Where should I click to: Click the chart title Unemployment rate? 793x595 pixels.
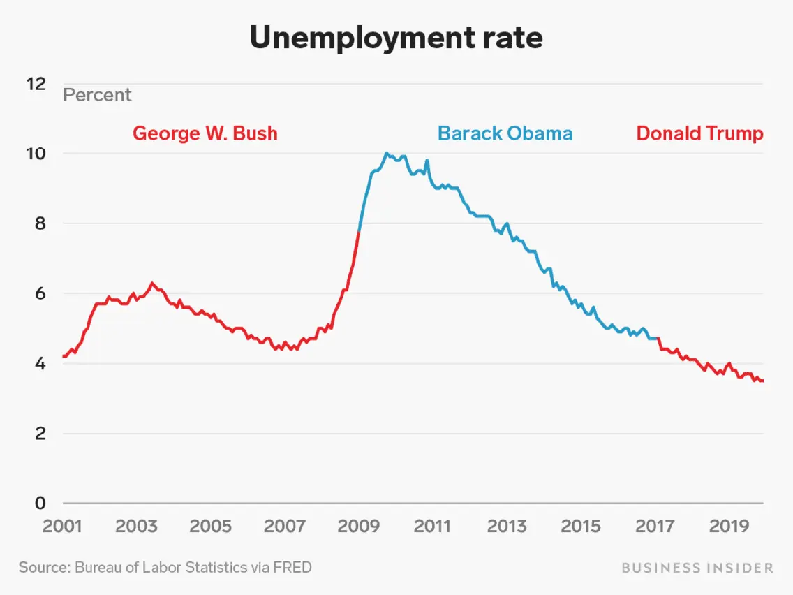(x=396, y=38)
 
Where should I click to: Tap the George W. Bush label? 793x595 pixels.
(x=205, y=133)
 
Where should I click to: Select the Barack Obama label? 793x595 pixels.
(x=505, y=133)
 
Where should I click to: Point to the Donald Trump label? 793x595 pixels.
(x=699, y=133)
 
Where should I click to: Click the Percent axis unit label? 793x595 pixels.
(x=97, y=95)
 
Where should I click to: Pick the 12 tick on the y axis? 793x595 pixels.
(x=36, y=84)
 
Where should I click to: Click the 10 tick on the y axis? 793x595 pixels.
(x=36, y=154)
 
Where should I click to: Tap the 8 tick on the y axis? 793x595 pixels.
(x=40, y=223)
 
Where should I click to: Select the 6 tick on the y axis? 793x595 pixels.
(x=40, y=293)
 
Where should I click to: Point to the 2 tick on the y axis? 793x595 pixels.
(x=40, y=433)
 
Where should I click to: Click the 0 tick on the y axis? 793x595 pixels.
(x=40, y=503)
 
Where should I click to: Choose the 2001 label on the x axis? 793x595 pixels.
(x=63, y=525)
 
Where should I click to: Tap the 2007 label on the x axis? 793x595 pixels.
(x=285, y=525)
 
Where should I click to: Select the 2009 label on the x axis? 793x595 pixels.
(x=358, y=525)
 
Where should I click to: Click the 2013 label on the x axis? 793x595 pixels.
(x=506, y=525)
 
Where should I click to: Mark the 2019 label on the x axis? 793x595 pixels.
(x=728, y=525)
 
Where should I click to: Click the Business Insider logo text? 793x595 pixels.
(x=697, y=567)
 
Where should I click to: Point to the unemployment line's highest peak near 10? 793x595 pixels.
(x=387, y=153)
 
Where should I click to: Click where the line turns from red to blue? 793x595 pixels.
(x=359, y=232)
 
